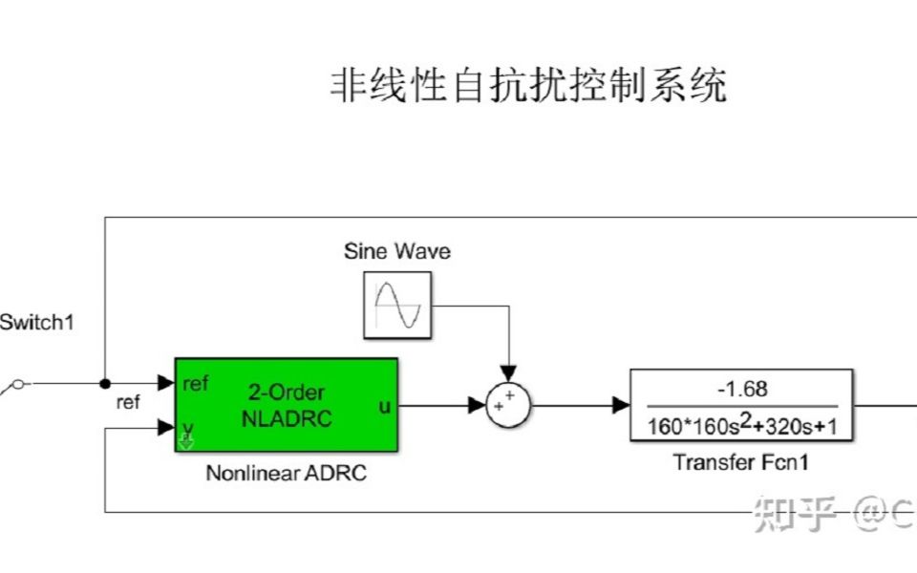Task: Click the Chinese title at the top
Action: coord(528,86)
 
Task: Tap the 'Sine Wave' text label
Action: coord(396,252)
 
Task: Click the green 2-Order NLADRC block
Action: coord(287,404)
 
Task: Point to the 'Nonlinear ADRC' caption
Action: coord(286,474)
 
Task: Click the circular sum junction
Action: coord(509,406)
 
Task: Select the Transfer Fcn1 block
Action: coord(741,405)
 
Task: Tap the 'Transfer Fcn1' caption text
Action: coord(741,463)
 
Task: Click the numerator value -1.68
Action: coord(741,390)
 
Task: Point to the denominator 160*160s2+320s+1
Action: coord(741,425)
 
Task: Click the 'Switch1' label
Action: coord(36,323)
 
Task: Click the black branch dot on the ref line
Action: coord(104,384)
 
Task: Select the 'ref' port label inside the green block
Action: coord(195,384)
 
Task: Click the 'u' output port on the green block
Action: coord(384,406)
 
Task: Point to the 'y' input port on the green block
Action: coord(188,429)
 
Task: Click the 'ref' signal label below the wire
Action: coord(127,403)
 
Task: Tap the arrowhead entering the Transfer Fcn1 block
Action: coord(620,406)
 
